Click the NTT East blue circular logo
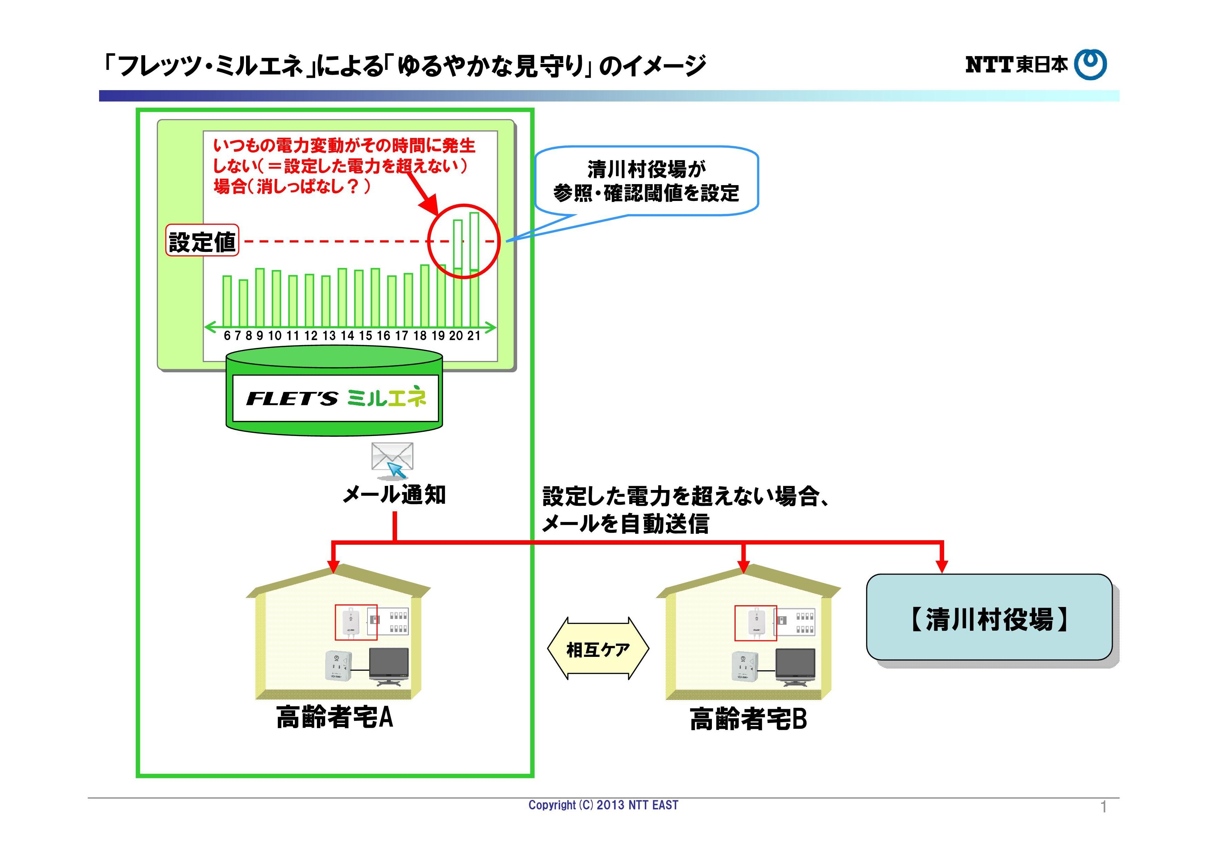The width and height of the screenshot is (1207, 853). pyautogui.click(x=1090, y=65)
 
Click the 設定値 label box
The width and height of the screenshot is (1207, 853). pyautogui.click(x=202, y=241)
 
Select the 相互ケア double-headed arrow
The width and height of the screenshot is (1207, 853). pyautogui.click(x=598, y=649)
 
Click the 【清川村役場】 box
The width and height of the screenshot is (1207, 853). pyautogui.click(x=989, y=617)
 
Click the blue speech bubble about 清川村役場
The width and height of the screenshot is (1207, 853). pyautogui.click(x=646, y=181)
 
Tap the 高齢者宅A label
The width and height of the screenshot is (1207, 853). pyautogui.click(x=334, y=717)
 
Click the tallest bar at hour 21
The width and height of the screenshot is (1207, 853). pyautogui.click(x=474, y=269)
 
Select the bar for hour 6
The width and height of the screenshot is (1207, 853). pyautogui.click(x=227, y=301)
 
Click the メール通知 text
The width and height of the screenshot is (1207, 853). pyautogui.click(x=394, y=494)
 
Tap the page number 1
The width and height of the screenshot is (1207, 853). pyautogui.click(x=1103, y=807)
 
